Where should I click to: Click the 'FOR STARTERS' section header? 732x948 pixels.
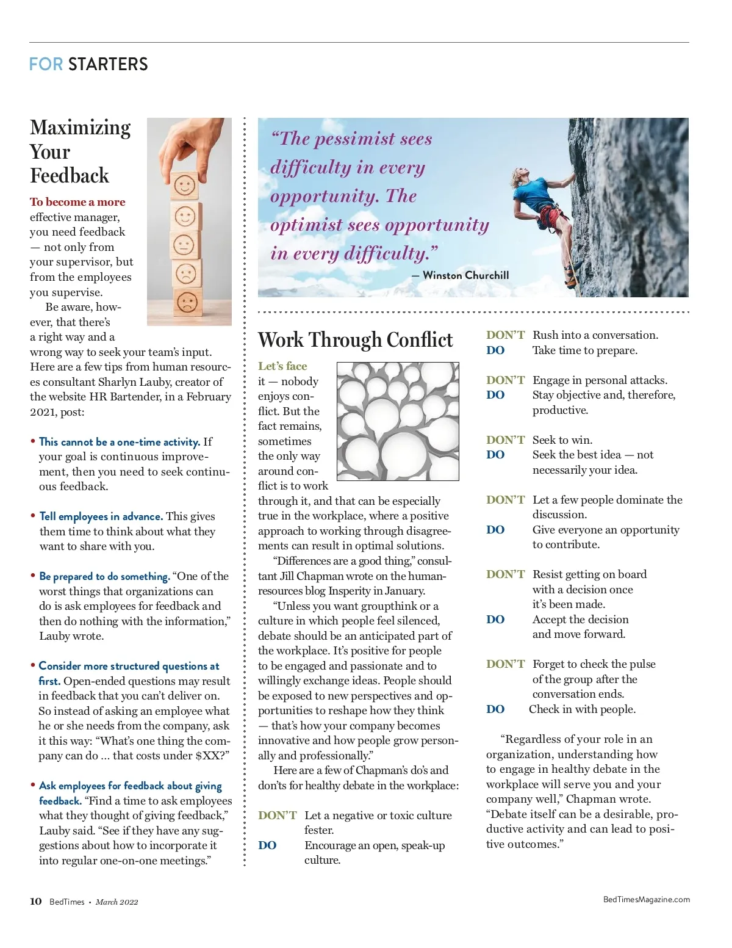click(x=88, y=64)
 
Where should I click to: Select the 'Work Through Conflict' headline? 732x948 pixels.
click(x=355, y=339)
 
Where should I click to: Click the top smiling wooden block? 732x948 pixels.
click(x=184, y=184)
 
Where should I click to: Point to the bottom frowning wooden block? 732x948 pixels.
click(x=187, y=302)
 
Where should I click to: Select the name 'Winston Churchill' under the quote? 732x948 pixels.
click(x=465, y=275)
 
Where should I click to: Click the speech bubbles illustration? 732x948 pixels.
click(x=398, y=421)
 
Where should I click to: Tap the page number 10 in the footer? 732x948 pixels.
click(x=36, y=902)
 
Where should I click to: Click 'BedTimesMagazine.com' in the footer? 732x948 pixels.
click(x=646, y=899)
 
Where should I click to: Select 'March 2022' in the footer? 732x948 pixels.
click(x=117, y=902)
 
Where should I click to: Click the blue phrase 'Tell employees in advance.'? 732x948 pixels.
click(x=101, y=516)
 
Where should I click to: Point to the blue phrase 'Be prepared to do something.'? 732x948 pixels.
click(x=104, y=576)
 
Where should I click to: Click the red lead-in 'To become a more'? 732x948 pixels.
click(x=77, y=202)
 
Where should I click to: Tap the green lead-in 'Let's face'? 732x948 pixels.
click(x=282, y=366)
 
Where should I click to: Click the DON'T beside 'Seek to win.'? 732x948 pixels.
click(x=505, y=440)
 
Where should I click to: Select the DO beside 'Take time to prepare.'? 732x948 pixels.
click(x=495, y=350)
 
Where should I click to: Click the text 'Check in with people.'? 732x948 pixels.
click(x=582, y=709)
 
